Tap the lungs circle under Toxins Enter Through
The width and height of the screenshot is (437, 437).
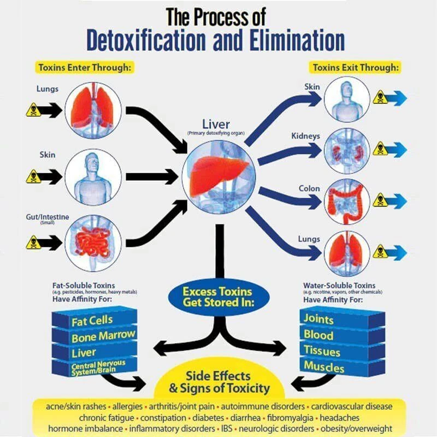93,110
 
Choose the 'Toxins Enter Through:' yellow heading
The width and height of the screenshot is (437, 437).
85,68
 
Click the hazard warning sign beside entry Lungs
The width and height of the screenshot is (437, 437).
33,110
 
